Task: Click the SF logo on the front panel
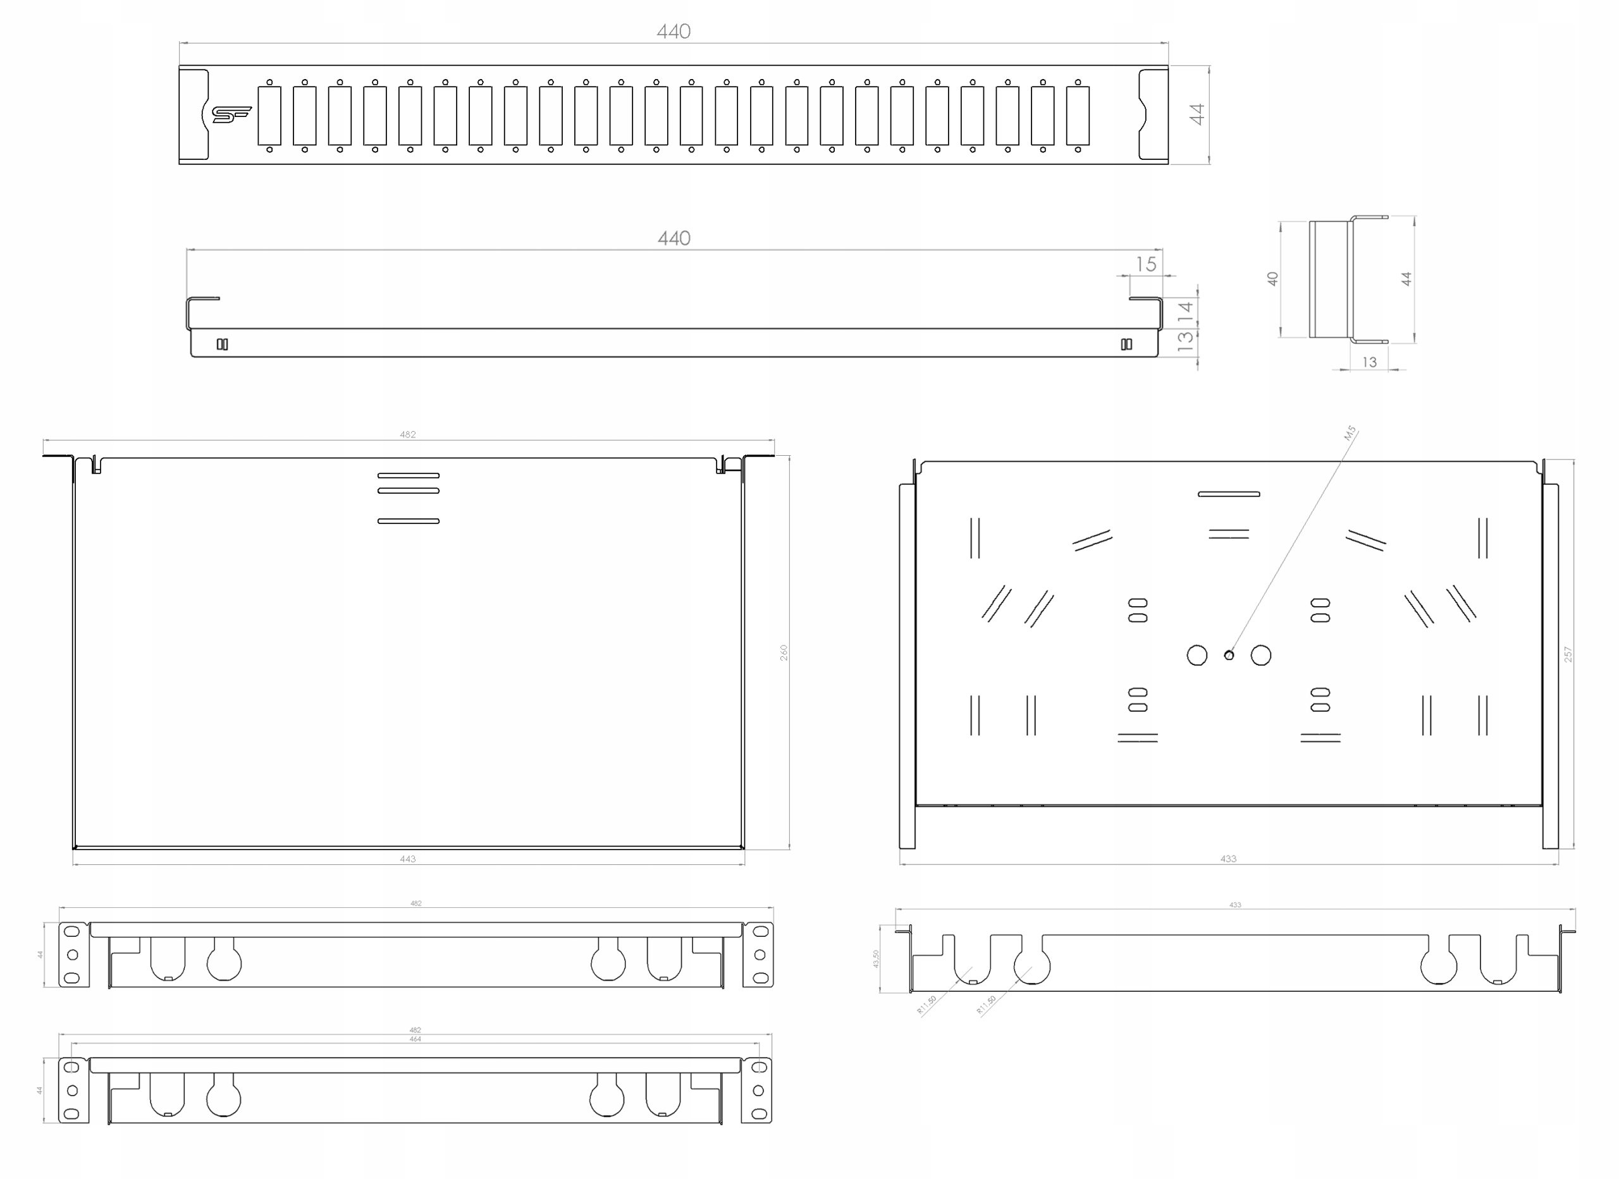232,114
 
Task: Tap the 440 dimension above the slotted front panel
673,32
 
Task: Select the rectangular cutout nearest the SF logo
270,116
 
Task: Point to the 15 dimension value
1146,265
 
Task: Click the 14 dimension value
1186,311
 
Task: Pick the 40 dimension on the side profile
1272,279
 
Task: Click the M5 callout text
1349,433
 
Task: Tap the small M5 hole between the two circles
1229,655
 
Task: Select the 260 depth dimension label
784,652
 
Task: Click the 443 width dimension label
408,859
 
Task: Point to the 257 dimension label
1568,654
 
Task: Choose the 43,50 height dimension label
876,958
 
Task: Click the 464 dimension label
416,1040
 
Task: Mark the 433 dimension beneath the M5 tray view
1228,859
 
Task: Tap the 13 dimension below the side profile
1369,362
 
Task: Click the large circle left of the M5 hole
1197,655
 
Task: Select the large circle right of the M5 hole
1260,655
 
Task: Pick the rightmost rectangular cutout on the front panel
1077,116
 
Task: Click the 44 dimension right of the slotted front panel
1197,114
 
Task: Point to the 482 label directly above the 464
416,1030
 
